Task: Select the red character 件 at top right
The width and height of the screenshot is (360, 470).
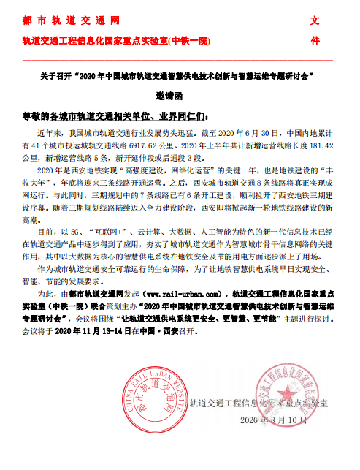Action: [315, 40]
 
